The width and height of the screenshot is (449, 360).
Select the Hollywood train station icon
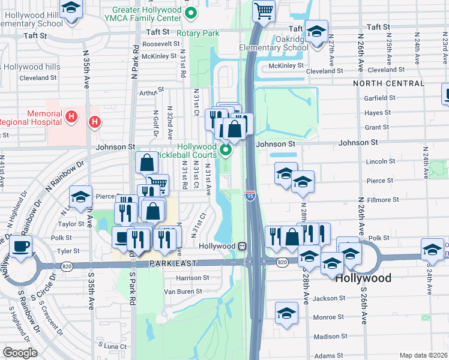[241, 246]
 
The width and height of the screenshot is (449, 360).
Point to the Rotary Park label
[199, 34]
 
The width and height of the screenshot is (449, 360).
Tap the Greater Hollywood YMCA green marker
[191, 12]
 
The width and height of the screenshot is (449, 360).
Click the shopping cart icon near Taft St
[264, 10]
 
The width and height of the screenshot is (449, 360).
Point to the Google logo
[20, 353]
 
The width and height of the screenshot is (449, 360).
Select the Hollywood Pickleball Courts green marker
[226, 149]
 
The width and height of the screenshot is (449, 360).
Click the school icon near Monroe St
[287, 313]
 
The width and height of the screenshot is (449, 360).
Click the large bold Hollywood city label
[364, 278]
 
